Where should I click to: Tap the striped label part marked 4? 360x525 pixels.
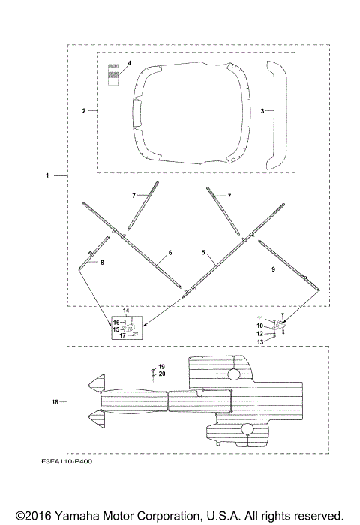pyautogui.click(x=113, y=74)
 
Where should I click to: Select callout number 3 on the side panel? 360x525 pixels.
pyautogui.click(x=262, y=111)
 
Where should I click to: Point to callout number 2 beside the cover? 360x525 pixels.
pyautogui.click(x=84, y=111)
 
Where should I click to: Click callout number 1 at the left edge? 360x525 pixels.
pyautogui.click(x=47, y=175)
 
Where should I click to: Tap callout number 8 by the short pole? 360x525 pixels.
pyautogui.click(x=102, y=262)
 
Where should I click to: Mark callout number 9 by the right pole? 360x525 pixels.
pyautogui.click(x=273, y=269)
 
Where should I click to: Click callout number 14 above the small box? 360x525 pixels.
pyautogui.click(x=126, y=310)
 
